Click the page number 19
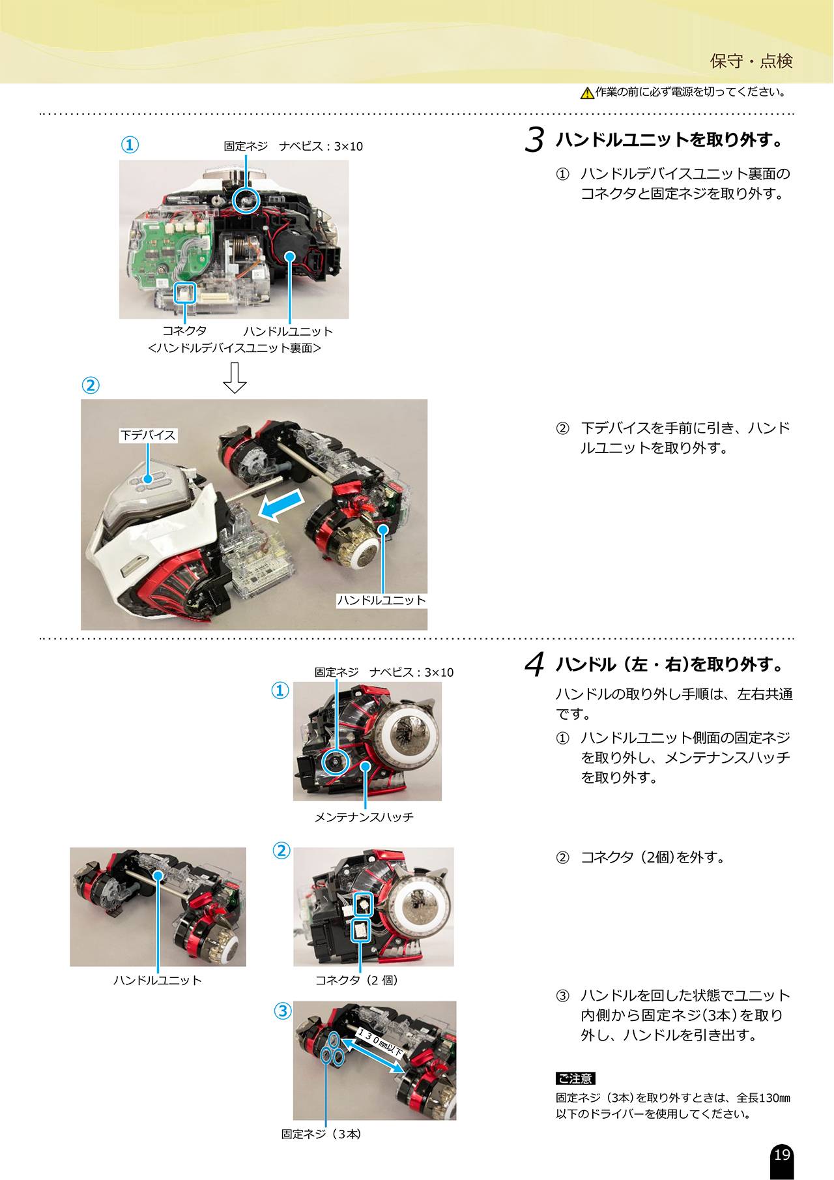pos(782,1155)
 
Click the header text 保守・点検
pos(751,61)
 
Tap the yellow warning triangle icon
pos(587,93)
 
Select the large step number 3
pos(534,140)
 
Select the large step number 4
pos(534,664)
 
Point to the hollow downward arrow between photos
pos(235,377)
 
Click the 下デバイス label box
pos(148,435)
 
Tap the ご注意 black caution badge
pos(575,1078)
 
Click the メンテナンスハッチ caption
pos(364,817)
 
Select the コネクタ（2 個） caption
pos(357,980)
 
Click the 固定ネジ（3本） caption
pos(322,1134)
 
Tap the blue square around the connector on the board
pos(185,293)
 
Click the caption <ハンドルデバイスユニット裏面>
pos(235,348)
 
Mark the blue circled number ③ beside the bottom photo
pos(282,1010)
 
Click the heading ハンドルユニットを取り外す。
pos(669,140)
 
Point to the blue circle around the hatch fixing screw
pos(336,761)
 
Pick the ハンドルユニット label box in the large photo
pos(381,600)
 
